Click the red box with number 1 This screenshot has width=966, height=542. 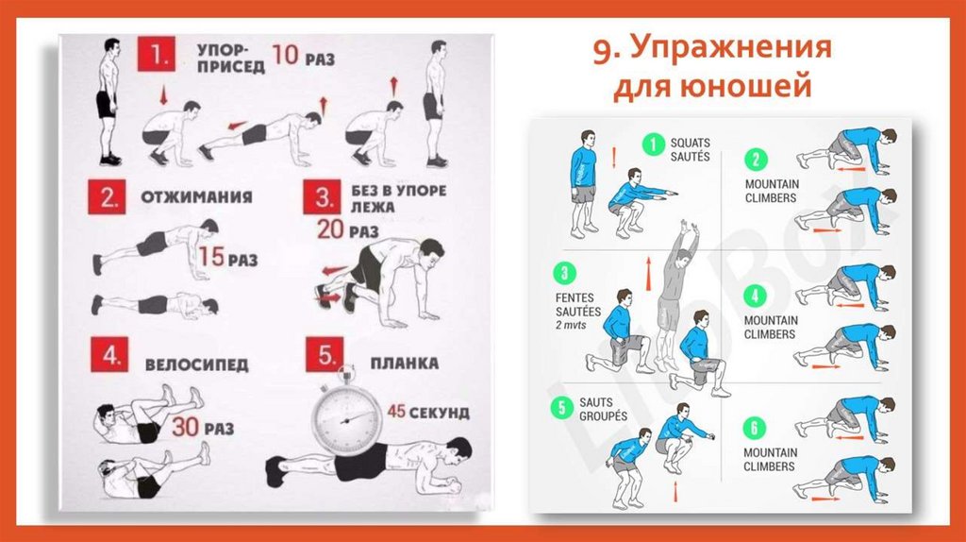(x=156, y=54)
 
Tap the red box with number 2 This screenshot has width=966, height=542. (x=107, y=196)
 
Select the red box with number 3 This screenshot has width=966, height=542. (x=322, y=196)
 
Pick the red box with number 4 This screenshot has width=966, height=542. (x=109, y=354)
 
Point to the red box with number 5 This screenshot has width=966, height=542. (x=325, y=354)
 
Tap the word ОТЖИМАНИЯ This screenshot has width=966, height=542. (x=196, y=196)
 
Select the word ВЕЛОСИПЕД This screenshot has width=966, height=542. (x=196, y=364)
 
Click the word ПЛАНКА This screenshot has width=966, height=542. (x=405, y=364)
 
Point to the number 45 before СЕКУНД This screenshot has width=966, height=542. (x=396, y=411)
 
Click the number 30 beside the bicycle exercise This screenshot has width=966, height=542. (x=185, y=427)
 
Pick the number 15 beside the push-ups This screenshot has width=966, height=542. (x=211, y=257)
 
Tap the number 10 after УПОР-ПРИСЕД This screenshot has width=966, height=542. (x=285, y=55)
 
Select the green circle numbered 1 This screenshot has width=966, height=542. (x=653, y=145)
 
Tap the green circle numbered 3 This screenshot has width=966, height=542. (x=564, y=273)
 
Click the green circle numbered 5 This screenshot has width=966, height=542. (x=561, y=408)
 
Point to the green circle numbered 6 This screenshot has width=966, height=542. (x=754, y=428)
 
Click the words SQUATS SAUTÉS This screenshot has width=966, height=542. (x=690, y=150)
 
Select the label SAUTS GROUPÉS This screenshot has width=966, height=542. (x=603, y=409)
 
